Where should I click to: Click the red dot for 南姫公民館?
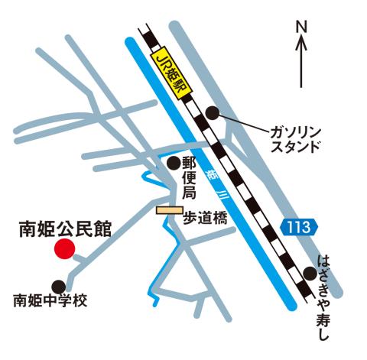tap(64, 248)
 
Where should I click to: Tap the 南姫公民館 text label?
tap(64, 228)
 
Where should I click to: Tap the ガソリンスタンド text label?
tap(294, 138)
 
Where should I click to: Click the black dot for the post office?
tap(174, 162)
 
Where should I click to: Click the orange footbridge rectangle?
tap(167, 209)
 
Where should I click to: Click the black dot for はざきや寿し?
tap(310, 273)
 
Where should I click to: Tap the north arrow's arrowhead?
tap(300, 43)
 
